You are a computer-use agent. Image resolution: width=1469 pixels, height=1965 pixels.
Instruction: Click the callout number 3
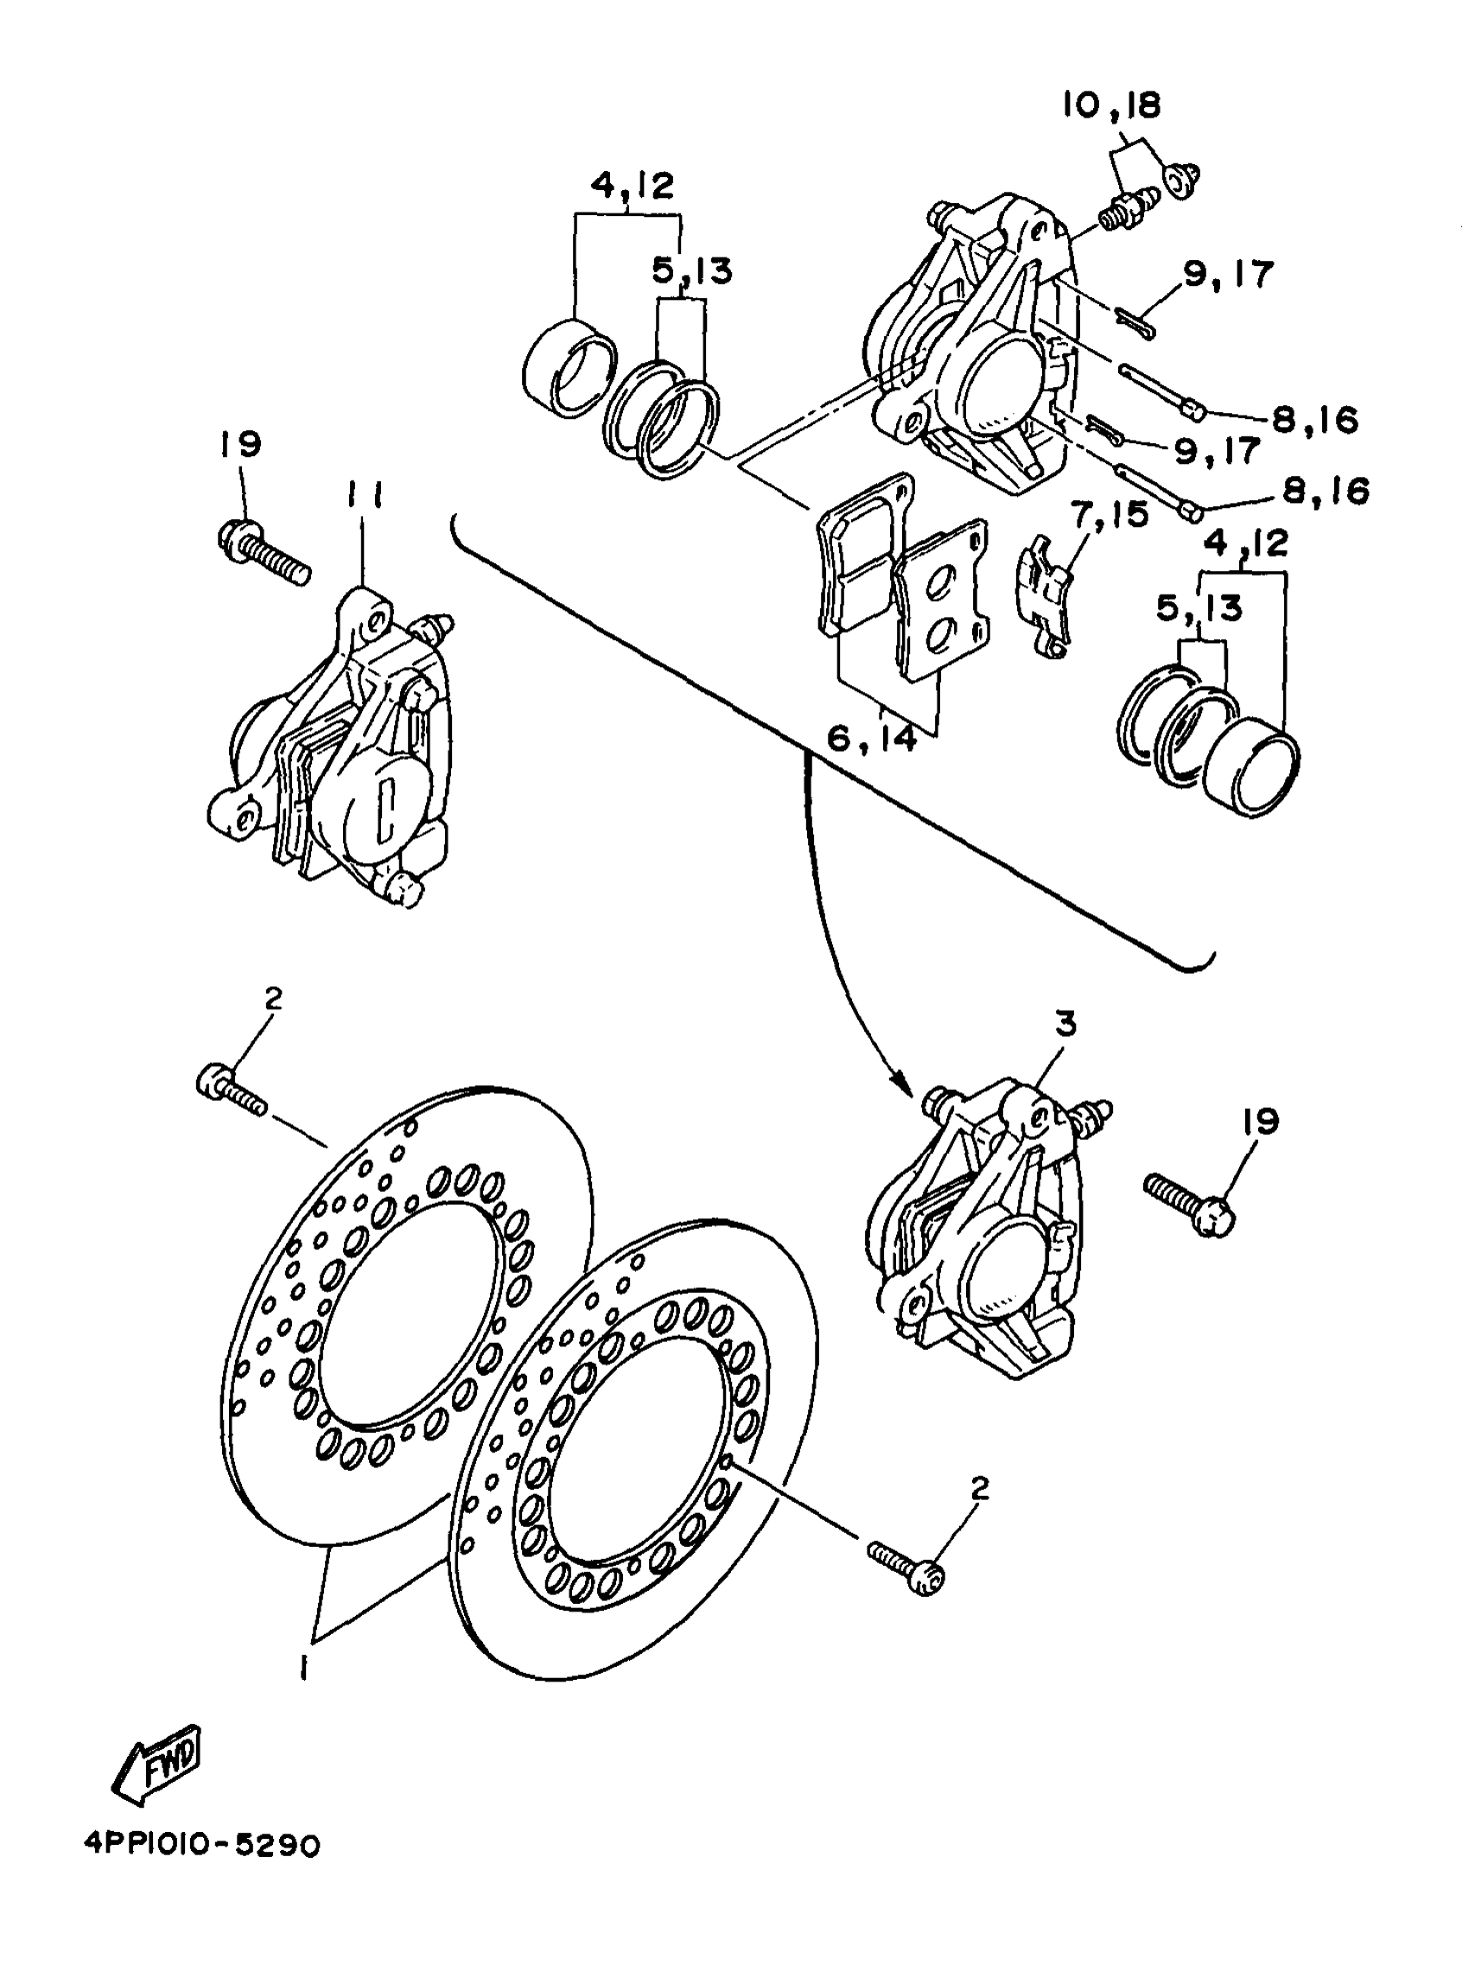[1065, 1024]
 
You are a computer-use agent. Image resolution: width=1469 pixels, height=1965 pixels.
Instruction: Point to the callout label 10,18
[1111, 105]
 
